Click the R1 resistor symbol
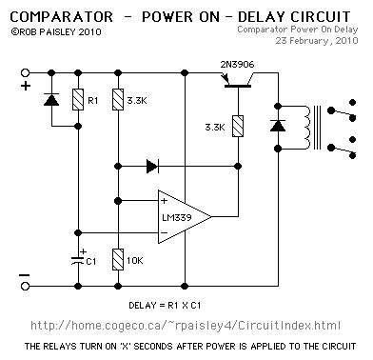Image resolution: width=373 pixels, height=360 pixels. [x=78, y=100]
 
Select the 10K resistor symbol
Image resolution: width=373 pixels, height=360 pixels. [x=118, y=260]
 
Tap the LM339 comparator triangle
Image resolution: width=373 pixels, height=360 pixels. [x=185, y=217]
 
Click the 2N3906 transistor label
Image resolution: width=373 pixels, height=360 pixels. [x=237, y=65]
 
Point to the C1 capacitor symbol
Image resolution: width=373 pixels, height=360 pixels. [x=78, y=261]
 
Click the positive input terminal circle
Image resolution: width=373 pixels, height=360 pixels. [x=25, y=72]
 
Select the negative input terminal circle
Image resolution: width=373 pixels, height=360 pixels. [x=25, y=286]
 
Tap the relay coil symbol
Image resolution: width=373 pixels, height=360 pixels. [x=306, y=128]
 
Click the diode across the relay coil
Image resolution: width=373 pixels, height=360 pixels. [x=278, y=126]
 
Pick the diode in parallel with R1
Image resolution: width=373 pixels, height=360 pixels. [x=51, y=100]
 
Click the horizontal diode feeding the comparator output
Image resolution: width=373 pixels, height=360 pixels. [x=152, y=166]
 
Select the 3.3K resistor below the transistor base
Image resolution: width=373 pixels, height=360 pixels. [x=238, y=127]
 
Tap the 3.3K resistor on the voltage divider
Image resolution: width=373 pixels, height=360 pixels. [x=118, y=100]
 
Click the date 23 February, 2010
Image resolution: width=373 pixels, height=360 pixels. [x=317, y=41]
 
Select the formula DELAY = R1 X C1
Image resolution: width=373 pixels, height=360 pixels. [x=165, y=306]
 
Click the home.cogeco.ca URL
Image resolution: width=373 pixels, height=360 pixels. [x=186, y=326]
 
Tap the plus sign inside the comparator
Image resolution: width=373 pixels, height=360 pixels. [x=164, y=201]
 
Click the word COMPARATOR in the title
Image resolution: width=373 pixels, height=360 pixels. [x=62, y=17]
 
